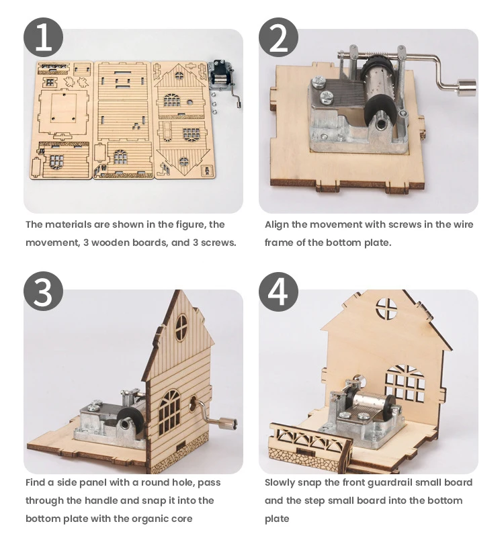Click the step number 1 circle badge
pos(44,37)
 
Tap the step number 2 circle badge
pos(278,37)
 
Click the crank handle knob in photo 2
pos(466,87)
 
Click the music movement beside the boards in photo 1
pos(221,76)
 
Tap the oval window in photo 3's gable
pos(181,327)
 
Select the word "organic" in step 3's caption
pos(142,518)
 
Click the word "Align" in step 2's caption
pos(278,224)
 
